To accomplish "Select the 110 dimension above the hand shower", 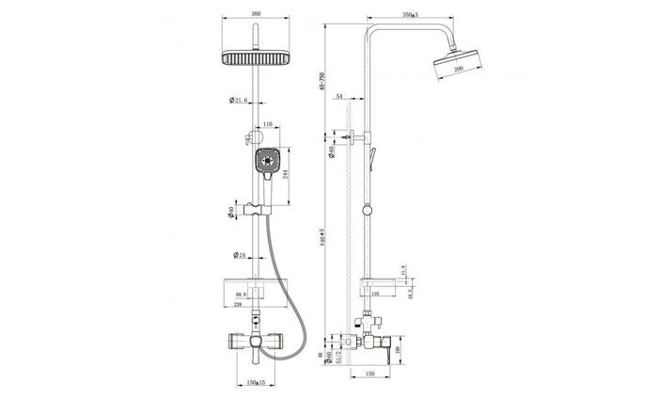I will coord(267,124).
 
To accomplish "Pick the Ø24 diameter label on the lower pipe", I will coord(239,254).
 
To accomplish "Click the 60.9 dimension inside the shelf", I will coord(243,295).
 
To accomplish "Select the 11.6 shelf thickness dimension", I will coord(402,269).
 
